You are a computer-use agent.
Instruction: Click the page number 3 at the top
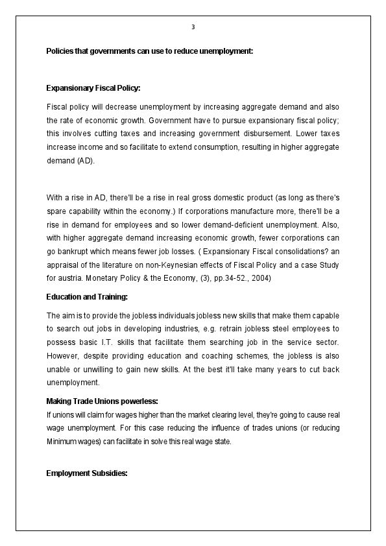[193, 27]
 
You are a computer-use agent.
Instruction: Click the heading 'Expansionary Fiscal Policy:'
[93, 88]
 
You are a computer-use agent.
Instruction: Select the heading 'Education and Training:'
[87, 297]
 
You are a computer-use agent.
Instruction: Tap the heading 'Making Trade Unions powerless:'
[102, 401]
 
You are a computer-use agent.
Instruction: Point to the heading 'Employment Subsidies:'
[86, 473]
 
